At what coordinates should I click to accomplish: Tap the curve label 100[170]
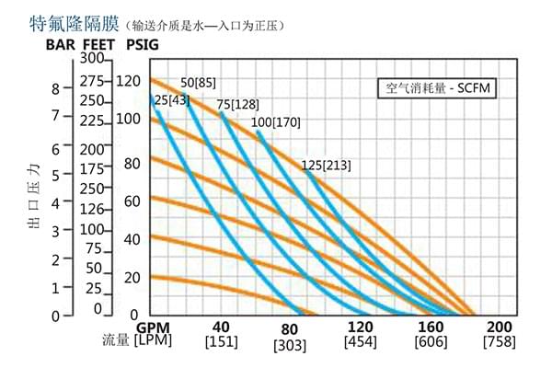pos(275,122)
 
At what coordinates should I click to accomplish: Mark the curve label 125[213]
pos(326,166)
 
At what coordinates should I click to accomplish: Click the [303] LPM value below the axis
pos(291,345)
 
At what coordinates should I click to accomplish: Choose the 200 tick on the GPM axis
pos(499,327)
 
